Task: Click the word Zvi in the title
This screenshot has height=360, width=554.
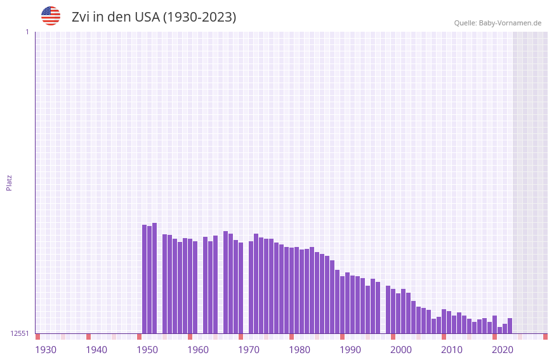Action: [x=81, y=17]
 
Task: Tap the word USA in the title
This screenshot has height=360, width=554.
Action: [x=148, y=17]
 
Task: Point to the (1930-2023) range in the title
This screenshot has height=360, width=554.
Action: [x=200, y=17]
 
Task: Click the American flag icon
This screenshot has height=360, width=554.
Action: [x=51, y=16]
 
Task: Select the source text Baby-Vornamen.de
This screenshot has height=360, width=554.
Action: [x=510, y=23]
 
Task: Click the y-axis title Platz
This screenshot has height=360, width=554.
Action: [x=9, y=182]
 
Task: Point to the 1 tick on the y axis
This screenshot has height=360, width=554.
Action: [x=27, y=32]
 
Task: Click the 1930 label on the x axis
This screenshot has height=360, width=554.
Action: [x=46, y=350]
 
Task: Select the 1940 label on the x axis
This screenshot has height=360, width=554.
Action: [x=96, y=350]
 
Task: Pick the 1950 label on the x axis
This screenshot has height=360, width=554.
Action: [x=147, y=350]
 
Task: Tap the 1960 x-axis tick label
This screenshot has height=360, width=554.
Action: [x=198, y=350]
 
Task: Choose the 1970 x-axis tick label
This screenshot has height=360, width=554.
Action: [x=249, y=350]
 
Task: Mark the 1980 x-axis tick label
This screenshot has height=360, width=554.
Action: [x=300, y=350]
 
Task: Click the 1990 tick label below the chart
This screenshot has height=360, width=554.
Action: [x=350, y=350]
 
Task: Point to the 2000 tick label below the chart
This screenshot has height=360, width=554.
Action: [x=401, y=350]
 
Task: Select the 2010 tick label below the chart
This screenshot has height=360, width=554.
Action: [x=452, y=350]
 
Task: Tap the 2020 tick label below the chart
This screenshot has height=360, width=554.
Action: [x=503, y=350]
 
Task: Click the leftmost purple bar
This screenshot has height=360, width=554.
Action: [x=145, y=279]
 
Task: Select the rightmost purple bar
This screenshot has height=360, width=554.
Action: [x=510, y=326]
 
